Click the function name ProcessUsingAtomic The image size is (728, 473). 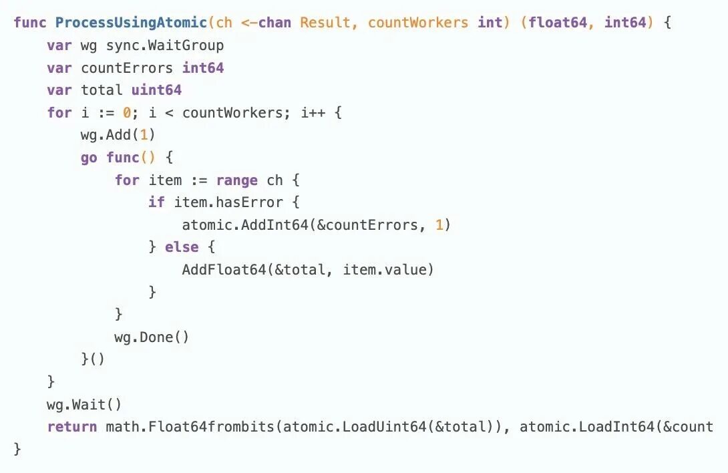point(131,22)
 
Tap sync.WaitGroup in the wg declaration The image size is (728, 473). point(164,45)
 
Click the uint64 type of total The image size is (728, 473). point(156,90)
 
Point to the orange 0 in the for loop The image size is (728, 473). point(126,112)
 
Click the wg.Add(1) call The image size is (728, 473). point(118,135)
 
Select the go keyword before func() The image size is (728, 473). point(89,158)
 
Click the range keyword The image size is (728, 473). point(236,180)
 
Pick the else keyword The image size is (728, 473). point(182,247)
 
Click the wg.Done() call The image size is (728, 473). point(152,337)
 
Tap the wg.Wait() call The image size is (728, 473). point(84,404)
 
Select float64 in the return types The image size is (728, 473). point(556,22)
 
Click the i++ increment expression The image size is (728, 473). point(312,112)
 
